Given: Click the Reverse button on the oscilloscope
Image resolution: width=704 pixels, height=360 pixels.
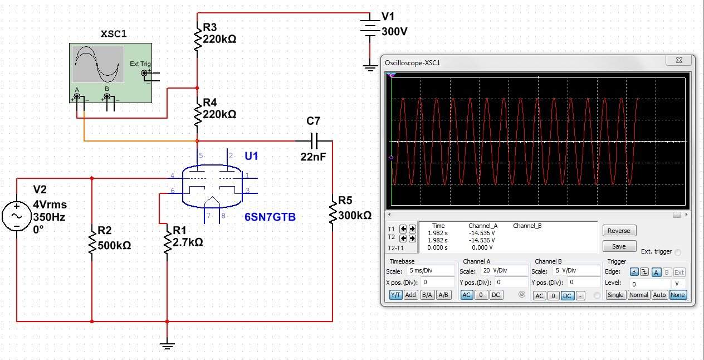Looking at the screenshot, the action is [619, 231].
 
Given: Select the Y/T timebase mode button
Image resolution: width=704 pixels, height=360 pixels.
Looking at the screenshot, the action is [395, 295].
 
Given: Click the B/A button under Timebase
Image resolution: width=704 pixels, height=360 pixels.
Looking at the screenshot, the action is [427, 295].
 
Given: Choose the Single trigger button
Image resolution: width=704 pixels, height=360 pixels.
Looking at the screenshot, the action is [615, 295].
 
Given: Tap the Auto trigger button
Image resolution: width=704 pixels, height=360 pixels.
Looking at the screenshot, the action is [659, 295].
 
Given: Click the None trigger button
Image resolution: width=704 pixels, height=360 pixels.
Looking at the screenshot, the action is [677, 295].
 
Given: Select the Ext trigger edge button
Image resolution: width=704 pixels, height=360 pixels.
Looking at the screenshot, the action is [679, 273].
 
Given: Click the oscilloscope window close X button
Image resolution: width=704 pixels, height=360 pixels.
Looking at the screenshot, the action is [679, 60].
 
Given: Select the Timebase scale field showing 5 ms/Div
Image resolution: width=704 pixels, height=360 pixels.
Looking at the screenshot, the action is [431, 270].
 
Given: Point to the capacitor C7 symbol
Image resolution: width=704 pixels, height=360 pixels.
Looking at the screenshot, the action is [314, 141].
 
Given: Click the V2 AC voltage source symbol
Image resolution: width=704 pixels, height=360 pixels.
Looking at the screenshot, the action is [17, 216].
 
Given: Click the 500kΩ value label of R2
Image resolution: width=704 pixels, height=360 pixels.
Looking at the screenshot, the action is [114, 246].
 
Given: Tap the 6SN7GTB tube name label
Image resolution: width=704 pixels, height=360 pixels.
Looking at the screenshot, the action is [270, 217].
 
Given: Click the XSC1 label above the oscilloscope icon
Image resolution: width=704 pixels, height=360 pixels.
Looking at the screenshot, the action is [114, 33].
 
